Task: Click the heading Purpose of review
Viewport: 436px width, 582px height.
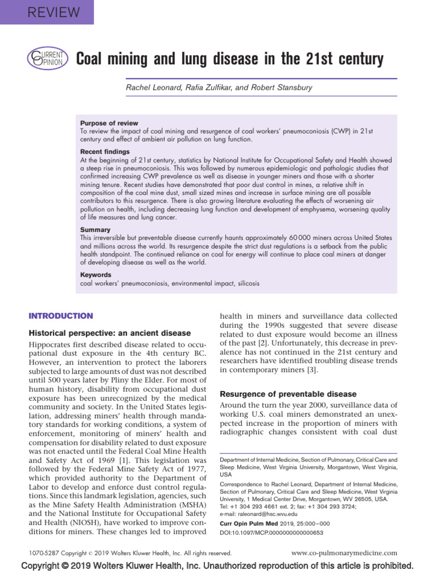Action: [x=109, y=123]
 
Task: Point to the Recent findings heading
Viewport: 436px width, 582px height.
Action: [x=104, y=152]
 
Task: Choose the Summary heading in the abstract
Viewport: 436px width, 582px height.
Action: [x=95, y=230]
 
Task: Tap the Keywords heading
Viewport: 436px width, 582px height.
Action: [x=96, y=275]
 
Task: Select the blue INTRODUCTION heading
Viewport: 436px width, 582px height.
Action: [x=61, y=316]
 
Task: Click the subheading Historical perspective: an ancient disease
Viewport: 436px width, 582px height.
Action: [x=110, y=333]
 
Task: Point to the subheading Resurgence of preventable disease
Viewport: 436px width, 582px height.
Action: [x=288, y=394]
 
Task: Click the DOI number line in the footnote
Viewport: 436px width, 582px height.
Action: [x=271, y=533]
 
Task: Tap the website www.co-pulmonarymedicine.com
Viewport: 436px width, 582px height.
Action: [x=344, y=552]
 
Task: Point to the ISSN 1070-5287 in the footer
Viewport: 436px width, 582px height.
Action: [x=44, y=552]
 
